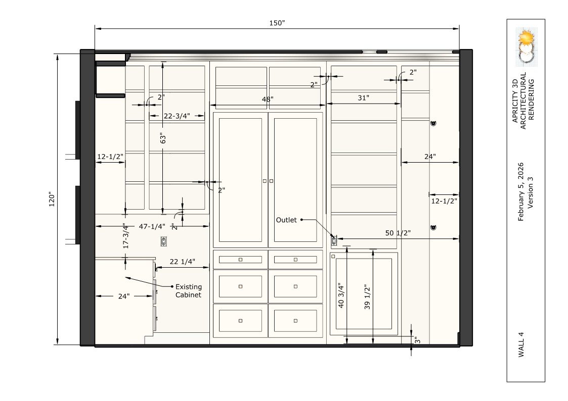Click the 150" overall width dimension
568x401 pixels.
pyautogui.click(x=277, y=23)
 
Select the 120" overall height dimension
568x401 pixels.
pyautogui.click(x=52, y=199)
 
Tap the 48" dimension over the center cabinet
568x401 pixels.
pyautogui.click(x=268, y=98)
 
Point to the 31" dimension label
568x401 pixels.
pyautogui.click(x=363, y=98)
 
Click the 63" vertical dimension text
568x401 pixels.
pyautogui.click(x=163, y=138)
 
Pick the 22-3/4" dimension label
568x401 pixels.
pyautogui.click(x=177, y=116)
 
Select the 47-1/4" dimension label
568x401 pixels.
pyautogui.click(x=152, y=227)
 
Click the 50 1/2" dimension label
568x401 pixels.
pyautogui.click(x=398, y=233)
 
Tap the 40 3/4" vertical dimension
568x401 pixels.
pyautogui.click(x=341, y=295)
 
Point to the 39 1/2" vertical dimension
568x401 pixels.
pyautogui.click(x=367, y=297)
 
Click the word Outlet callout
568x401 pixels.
pyautogui.click(x=286, y=220)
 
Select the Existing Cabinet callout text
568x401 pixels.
pyautogui.click(x=188, y=291)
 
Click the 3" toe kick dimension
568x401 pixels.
pyautogui.click(x=417, y=340)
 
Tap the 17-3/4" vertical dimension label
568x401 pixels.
pyautogui.click(x=126, y=235)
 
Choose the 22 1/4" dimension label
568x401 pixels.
pyautogui.click(x=183, y=262)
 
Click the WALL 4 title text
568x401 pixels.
pyautogui.click(x=521, y=344)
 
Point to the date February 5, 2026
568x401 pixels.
pyautogui.click(x=521, y=191)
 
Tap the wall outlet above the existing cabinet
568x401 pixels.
pyautogui.click(x=164, y=241)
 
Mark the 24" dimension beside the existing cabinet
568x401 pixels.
pyautogui.click(x=123, y=296)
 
